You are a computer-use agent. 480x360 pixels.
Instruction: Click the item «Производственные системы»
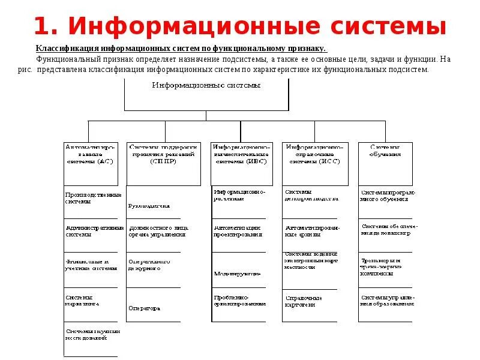pos(93,198)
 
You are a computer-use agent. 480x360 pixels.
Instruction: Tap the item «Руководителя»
pos(149,206)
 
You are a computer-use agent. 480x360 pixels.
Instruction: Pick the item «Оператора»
pos(144,308)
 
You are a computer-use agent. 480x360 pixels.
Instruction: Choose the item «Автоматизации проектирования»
pos(238,231)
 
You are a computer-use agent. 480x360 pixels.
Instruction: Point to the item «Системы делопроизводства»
pos(311,195)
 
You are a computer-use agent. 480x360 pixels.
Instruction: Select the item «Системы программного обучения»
pos(387,195)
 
